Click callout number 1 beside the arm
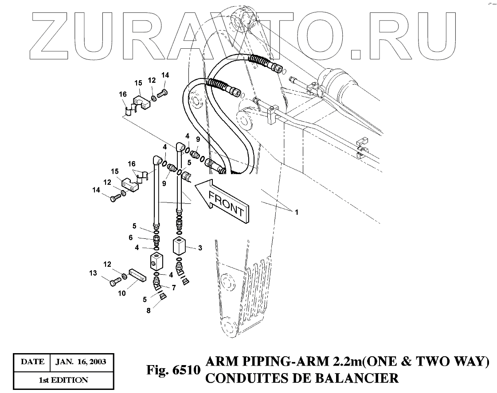coord(297,212)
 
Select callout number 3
coord(200,248)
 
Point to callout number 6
coord(131,238)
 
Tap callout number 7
coord(174,288)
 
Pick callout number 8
coord(149,311)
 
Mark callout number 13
coord(93,273)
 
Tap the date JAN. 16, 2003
coord(81,362)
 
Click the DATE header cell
coord(32,362)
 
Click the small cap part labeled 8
coord(163,296)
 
